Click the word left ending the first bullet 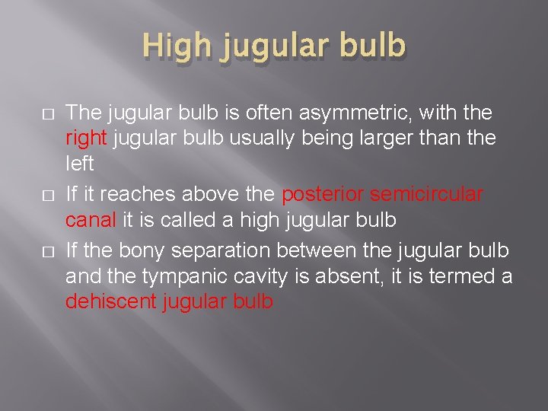click(x=79, y=164)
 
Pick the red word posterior click(x=323, y=195)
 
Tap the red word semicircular click(x=426, y=195)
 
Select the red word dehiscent click(x=111, y=301)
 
